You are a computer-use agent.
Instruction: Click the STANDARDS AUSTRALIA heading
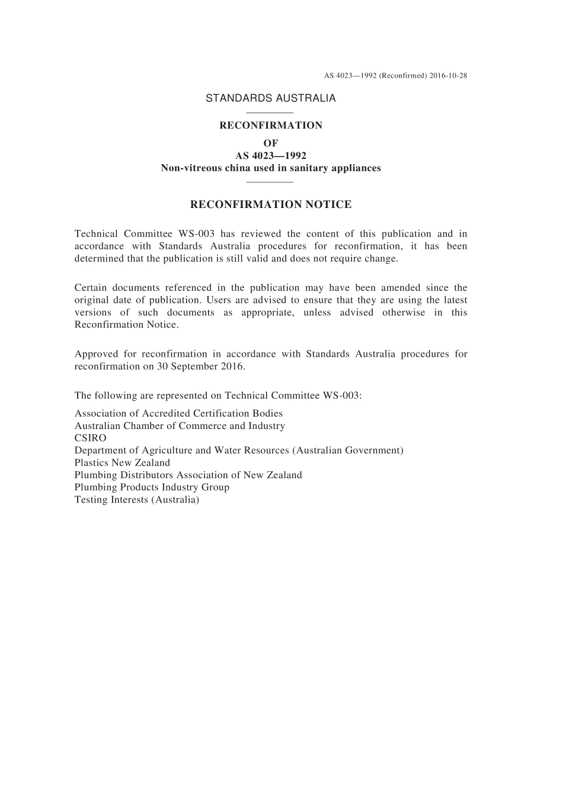tap(270, 98)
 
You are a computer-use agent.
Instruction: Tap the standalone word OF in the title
tap(270, 143)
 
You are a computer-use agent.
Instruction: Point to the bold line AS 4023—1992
tap(270, 156)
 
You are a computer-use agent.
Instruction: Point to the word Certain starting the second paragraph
tap(91, 288)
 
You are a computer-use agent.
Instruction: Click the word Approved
tap(96, 354)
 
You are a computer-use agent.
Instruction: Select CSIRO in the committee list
tap(91, 438)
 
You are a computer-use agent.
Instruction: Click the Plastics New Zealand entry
tap(122, 463)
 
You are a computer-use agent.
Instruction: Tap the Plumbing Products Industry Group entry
tap(152, 487)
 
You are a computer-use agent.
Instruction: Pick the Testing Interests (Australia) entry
tap(137, 500)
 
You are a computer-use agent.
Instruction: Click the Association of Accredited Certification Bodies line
tap(178, 414)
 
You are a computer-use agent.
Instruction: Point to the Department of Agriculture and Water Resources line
tap(239, 450)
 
